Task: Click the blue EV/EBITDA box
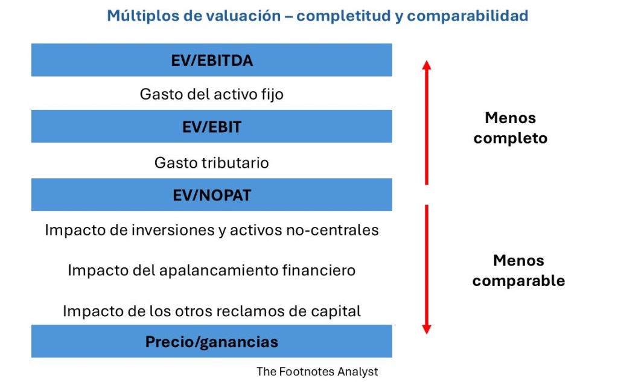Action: tap(212, 60)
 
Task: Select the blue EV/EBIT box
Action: tap(212, 127)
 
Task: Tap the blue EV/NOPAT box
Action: tap(212, 195)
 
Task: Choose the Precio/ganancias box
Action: tap(212, 342)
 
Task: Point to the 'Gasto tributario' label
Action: tap(212, 163)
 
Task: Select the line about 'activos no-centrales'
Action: tap(212, 230)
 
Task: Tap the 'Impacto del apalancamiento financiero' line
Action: tap(212, 270)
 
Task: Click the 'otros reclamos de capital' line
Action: tap(212, 311)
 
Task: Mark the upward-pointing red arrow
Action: tap(427, 123)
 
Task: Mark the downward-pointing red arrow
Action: tap(427, 269)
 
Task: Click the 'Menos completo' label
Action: tap(511, 128)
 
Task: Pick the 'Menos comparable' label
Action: tap(518, 271)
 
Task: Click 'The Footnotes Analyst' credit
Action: tap(317, 371)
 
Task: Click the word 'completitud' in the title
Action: tap(344, 16)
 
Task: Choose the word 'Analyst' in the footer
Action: tap(358, 372)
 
